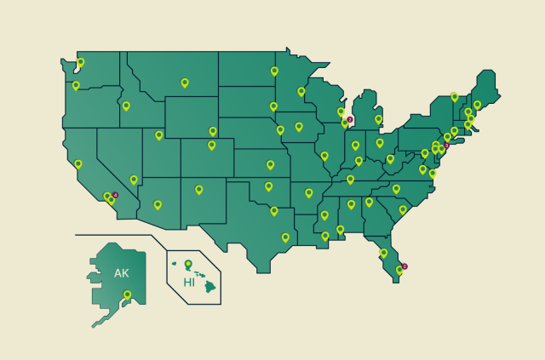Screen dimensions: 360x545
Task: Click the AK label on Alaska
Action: (122, 273)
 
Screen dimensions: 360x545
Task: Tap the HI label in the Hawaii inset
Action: (189, 283)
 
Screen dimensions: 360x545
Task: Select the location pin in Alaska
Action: (127, 295)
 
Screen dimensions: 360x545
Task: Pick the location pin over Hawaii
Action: (188, 264)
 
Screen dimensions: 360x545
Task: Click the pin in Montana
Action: (184, 83)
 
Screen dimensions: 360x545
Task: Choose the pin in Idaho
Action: (126, 106)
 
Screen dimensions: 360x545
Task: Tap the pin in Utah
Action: (158, 134)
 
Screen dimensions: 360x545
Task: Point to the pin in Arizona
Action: (158, 204)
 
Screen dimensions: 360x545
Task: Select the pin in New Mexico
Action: (199, 190)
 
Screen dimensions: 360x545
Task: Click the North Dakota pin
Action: (274, 71)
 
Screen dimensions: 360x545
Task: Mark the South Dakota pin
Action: (273, 106)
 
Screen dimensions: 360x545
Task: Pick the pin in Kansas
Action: (271, 165)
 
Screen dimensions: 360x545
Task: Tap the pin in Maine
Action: (477, 105)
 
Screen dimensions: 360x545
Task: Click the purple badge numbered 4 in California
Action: (116, 195)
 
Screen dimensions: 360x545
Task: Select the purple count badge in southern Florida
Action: (404, 266)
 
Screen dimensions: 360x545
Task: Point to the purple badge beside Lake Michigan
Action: (349, 120)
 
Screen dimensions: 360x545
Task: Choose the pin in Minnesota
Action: (301, 91)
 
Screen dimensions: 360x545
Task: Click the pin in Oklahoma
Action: (268, 186)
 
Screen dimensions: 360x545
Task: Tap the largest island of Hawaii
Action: (209, 287)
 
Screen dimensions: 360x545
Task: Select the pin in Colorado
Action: (212, 145)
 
